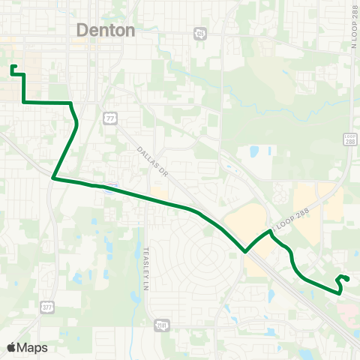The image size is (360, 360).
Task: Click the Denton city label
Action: tap(106, 31)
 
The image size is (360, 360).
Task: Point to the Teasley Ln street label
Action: tap(148, 262)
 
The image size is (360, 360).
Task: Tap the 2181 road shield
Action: tap(161, 325)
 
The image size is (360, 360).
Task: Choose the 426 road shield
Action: tap(199, 33)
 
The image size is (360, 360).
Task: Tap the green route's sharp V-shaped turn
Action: tap(245, 252)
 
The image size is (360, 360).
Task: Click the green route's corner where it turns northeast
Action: tap(54, 178)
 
